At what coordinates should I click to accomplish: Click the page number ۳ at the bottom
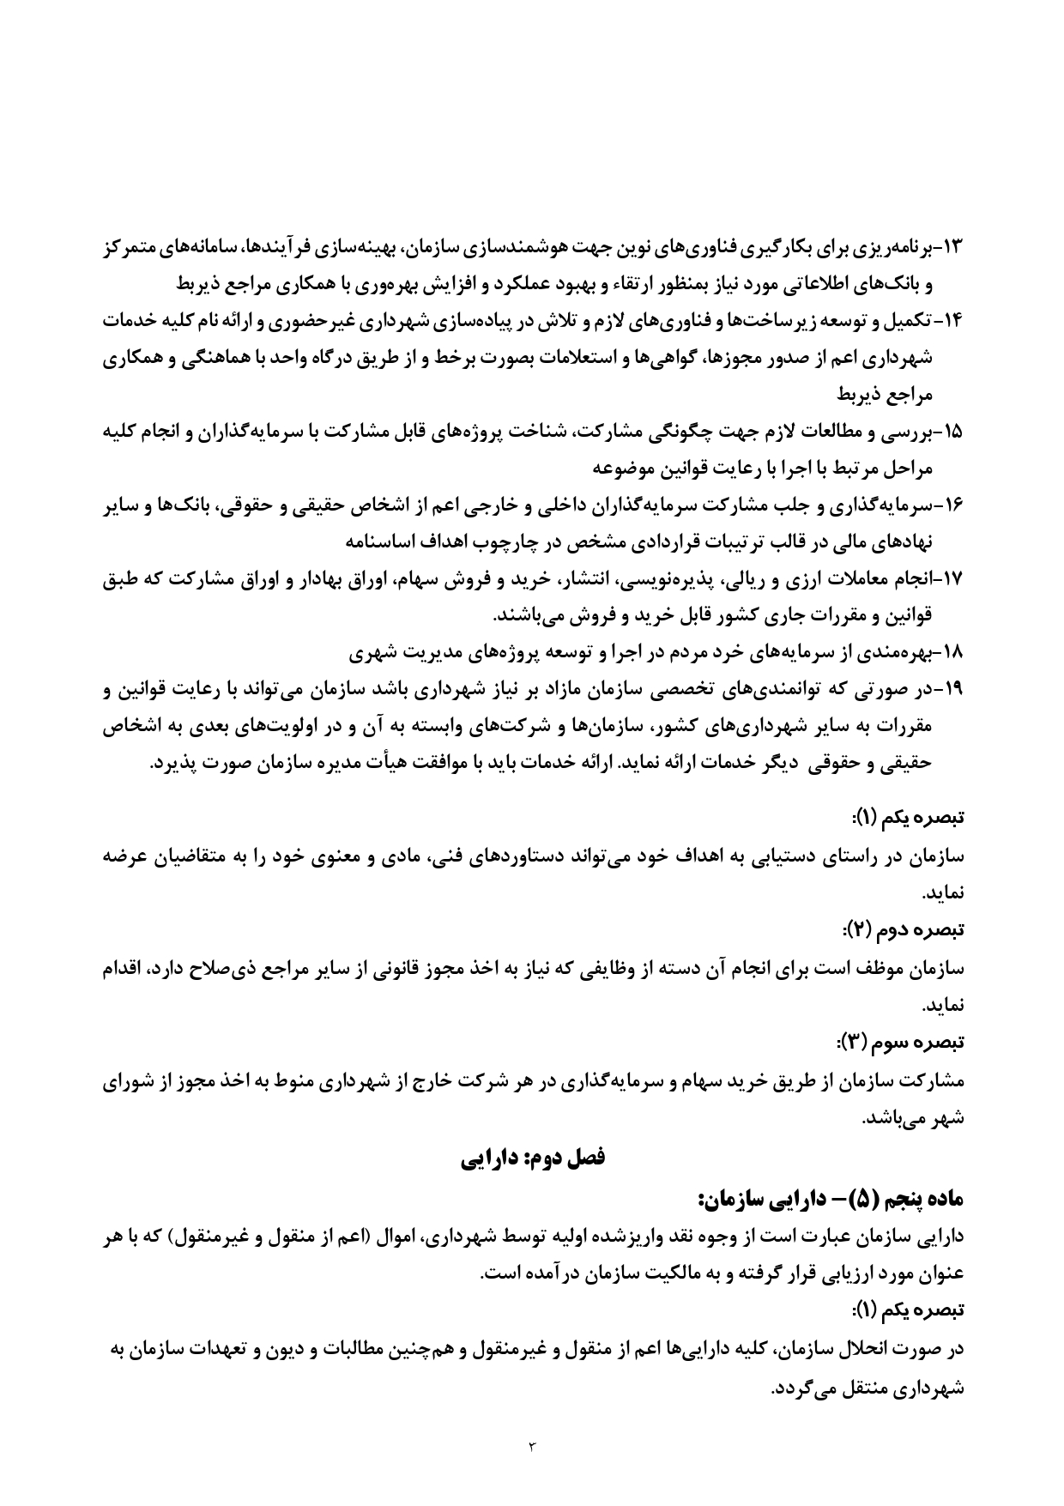point(532,1449)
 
